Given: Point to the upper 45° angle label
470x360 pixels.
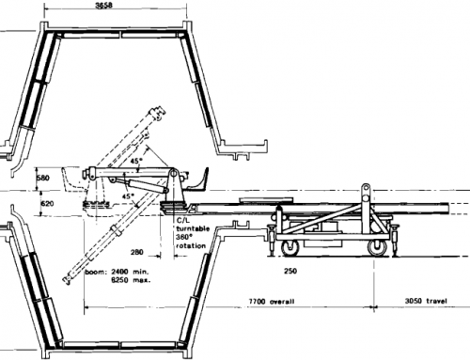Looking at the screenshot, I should point(138,160).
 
